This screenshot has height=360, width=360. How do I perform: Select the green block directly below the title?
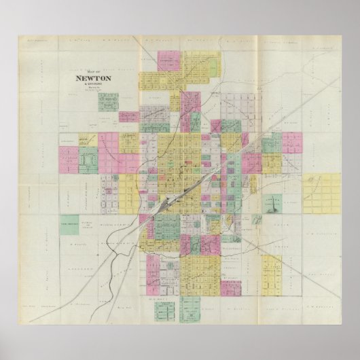click(107, 102)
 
